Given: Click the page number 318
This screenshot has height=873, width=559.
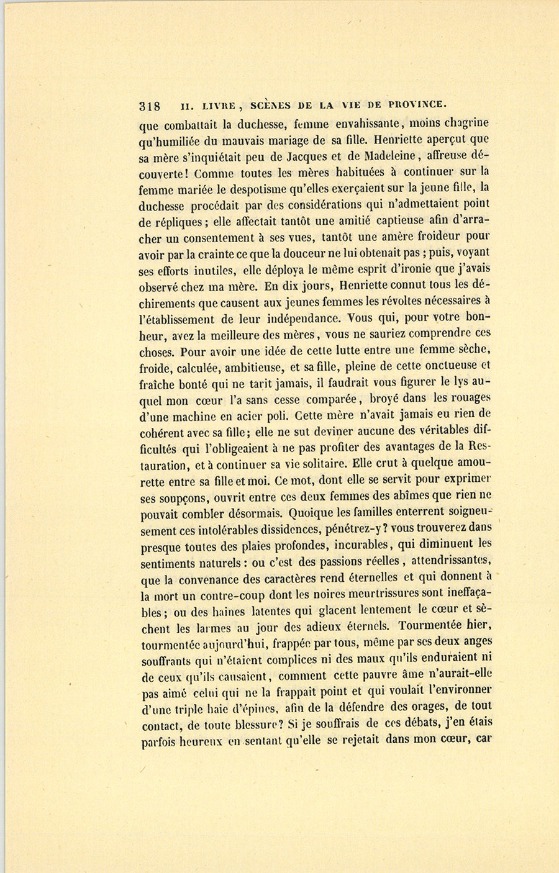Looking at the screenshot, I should click(151, 106).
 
